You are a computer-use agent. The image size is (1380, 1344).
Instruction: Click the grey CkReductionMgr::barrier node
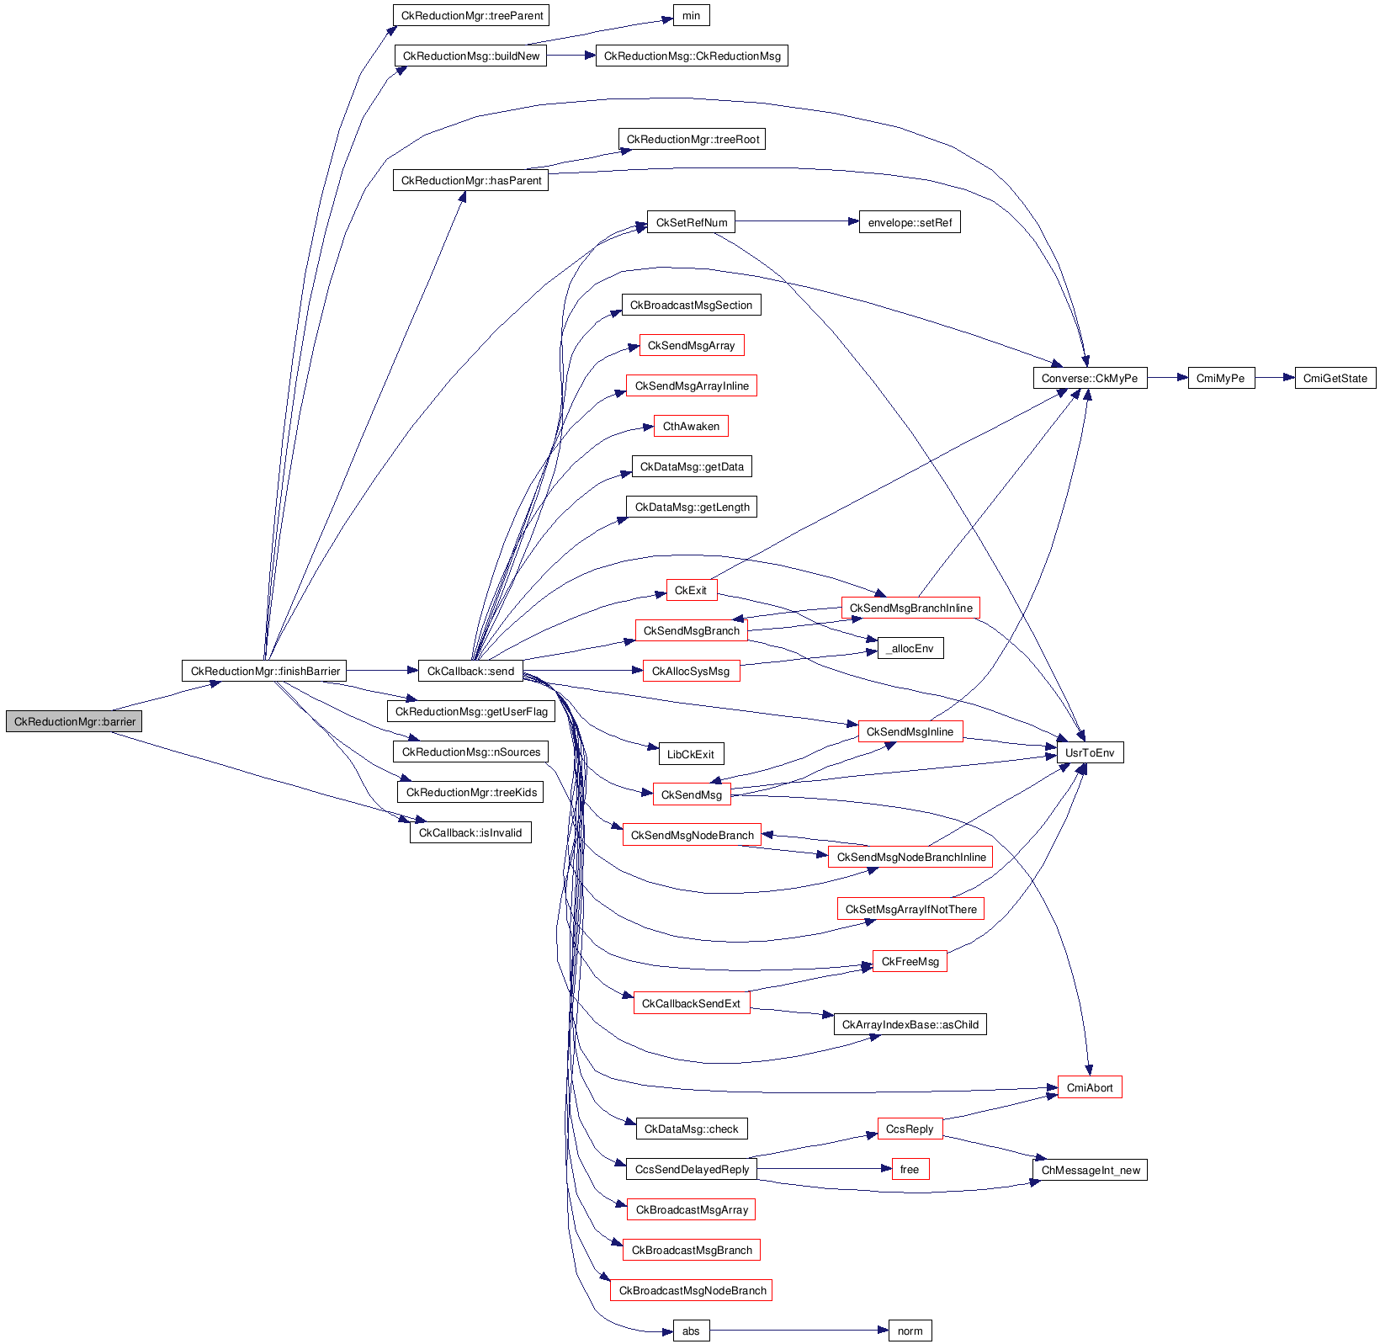coord(74,721)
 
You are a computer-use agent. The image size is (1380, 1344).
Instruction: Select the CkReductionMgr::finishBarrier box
coord(265,671)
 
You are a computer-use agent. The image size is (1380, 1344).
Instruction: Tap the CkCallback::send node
coord(470,671)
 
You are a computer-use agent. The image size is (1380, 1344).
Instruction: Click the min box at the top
coord(691,15)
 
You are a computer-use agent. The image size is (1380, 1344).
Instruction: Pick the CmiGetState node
coord(1335,378)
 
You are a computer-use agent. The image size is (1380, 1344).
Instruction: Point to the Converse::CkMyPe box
coord(1089,378)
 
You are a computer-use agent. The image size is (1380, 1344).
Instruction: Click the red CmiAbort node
coord(1089,1087)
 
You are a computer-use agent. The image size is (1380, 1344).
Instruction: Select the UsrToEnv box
coord(1089,752)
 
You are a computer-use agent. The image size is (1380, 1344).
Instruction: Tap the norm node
coord(910,1331)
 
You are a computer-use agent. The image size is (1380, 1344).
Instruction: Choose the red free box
coord(910,1169)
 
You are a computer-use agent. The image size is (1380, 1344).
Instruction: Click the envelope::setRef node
coord(909,222)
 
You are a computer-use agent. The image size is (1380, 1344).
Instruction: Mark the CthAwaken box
coord(691,426)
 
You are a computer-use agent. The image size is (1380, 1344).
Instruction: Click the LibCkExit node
coord(690,754)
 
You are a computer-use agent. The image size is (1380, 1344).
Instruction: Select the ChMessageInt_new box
coord(1089,1170)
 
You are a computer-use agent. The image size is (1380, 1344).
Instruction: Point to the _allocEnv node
coord(910,648)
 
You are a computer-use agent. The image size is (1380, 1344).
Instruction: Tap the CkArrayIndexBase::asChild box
coord(910,1024)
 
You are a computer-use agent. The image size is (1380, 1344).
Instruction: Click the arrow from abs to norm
coord(799,1331)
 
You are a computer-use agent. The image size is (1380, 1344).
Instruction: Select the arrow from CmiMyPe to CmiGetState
coord(1275,378)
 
